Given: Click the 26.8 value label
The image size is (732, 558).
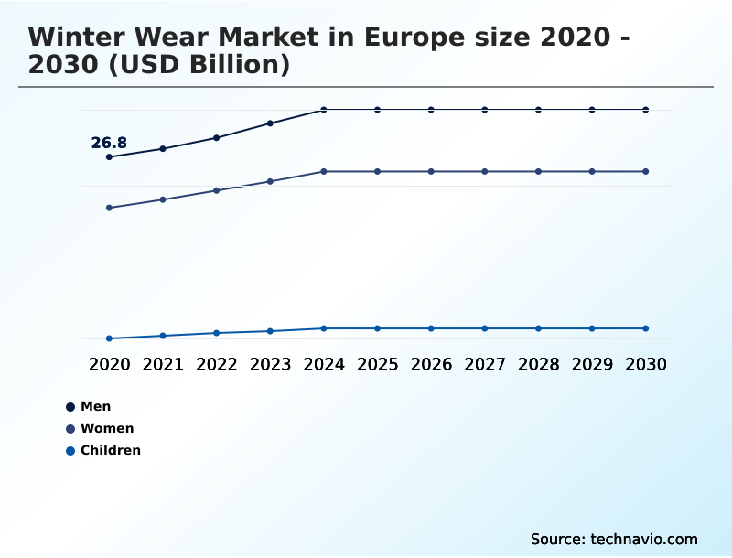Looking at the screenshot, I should click(109, 143).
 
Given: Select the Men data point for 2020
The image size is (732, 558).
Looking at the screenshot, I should click(109, 157).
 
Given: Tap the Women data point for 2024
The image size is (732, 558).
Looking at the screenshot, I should click(324, 171).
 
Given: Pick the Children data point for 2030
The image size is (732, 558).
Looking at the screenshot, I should click(646, 328).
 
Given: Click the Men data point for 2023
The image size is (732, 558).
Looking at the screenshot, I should click(270, 123).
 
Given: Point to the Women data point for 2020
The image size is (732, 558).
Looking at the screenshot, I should click(109, 208).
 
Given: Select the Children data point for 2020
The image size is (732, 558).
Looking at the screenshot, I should click(109, 338).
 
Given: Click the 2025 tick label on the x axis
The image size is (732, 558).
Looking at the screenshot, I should click(377, 364).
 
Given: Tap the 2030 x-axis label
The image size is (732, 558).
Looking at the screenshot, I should click(646, 364).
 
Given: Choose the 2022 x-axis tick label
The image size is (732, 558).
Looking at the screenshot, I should click(217, 364).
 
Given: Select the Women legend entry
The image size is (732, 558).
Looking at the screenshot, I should click(100, 428).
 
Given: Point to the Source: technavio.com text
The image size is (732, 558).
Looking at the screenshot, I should click(614, 539).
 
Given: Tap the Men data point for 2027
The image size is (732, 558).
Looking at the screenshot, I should click(485, 110).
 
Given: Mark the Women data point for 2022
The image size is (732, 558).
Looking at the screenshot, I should click(217, 190).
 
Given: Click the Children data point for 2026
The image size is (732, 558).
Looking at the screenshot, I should click(431, 328).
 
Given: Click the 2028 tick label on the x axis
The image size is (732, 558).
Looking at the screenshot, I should click(538, 364).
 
